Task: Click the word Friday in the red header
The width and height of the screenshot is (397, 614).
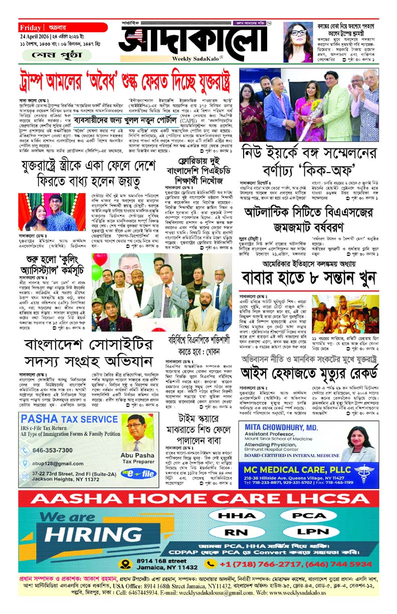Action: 31,27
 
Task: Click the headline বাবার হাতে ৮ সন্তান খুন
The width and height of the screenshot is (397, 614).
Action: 308,279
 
